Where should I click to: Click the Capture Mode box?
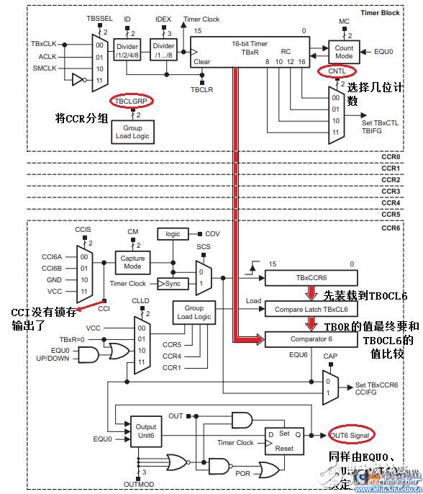132,263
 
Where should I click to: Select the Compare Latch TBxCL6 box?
311,309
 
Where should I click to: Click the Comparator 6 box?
311,338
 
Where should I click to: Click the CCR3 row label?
390,191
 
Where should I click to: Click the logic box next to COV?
173,234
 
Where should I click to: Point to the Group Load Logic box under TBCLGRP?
132,132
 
